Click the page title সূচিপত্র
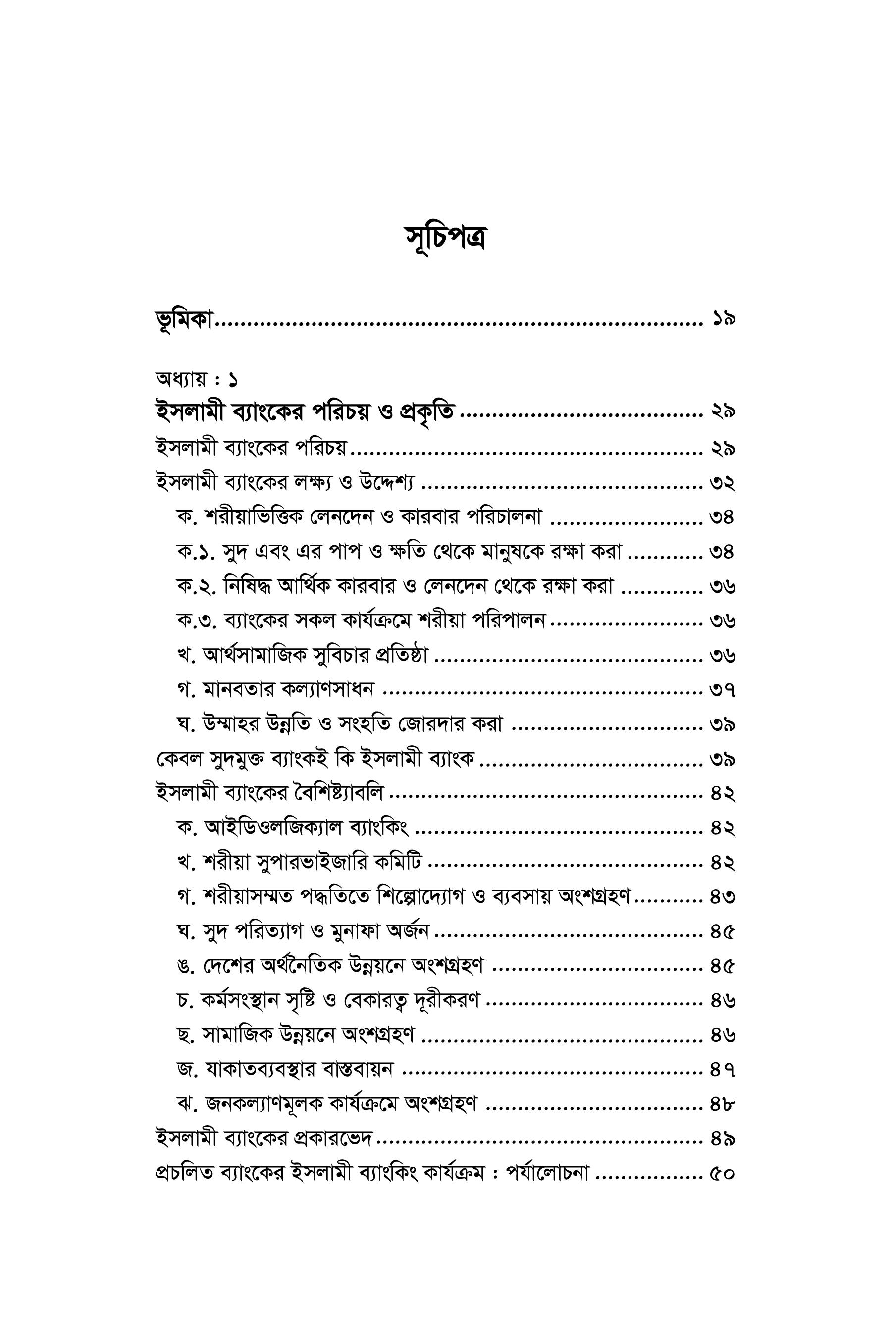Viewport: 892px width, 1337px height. click(x=445, y=238)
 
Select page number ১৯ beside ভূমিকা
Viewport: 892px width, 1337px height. click(x=723, y=319)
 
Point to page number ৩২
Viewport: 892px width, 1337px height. click(x=723, y=483)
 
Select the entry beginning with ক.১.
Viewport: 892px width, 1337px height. click(x=399, y=552)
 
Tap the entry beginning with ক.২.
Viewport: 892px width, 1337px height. click(x=395, y=586)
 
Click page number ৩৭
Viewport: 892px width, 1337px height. click(x=723, y=690)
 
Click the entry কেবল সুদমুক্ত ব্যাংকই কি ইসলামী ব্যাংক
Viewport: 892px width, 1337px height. click(x=315, y=759)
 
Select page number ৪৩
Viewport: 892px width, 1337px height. click(x=723, y=897)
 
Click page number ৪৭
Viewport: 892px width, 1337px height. click(x=723, y=1070)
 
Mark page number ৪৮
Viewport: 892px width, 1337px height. click(x=723, y=1104)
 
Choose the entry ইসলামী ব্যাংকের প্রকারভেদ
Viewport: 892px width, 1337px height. click(x=264, y=1138)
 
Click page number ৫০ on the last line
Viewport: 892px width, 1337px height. click(x=723, y=1173)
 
